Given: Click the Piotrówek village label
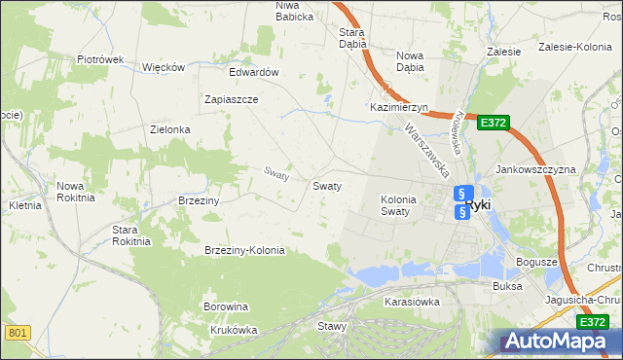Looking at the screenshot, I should (x=100, y=59).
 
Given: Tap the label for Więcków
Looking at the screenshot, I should (x=164, y=67).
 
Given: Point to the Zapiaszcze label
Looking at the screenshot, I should (x=231, y=100).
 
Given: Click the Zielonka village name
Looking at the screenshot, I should (x=169, y=129).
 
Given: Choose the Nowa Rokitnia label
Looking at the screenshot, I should (x=76, y=191).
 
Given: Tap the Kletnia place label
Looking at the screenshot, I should (x=24, y=206).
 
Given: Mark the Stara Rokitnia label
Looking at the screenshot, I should (x=131, y=235).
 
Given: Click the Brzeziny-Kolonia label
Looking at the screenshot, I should (x=244, y=250).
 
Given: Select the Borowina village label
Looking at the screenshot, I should (x=226, y=307).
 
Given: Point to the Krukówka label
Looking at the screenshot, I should (x=233, y=330).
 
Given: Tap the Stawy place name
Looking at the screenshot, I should (x=331, y=327).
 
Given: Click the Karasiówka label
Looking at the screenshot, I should (x=412, y=302).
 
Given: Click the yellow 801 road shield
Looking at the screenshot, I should (x=16, y=334).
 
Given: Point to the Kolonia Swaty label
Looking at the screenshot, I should (x=397, y=205).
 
